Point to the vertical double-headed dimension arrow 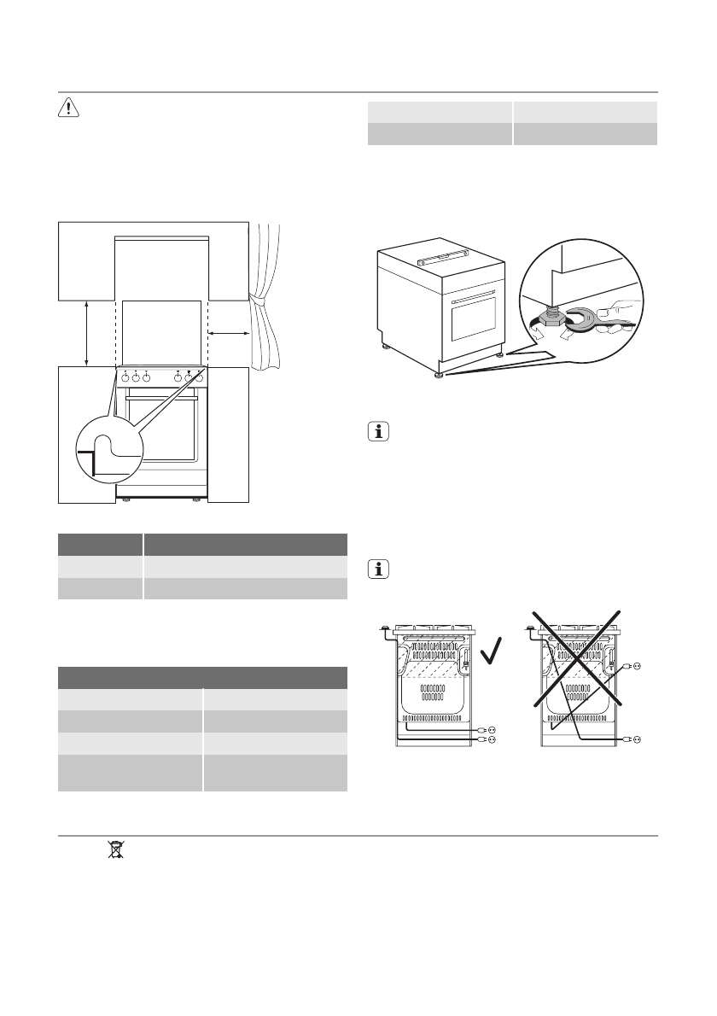87,333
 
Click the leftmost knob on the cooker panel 125,378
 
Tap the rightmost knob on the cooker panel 199,378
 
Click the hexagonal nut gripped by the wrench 551,318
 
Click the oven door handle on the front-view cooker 162,398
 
